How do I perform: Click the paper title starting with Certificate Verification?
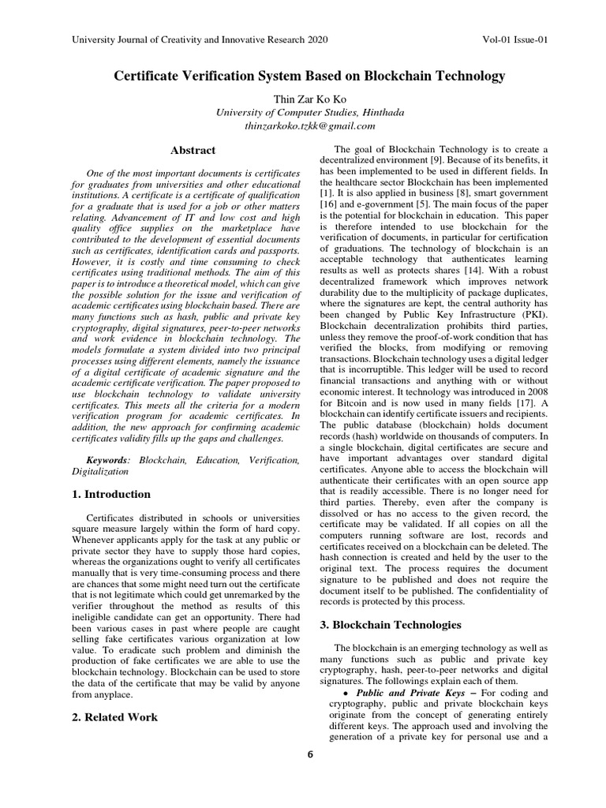pyautogui.click(x=309, y=77)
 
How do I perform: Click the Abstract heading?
pyautogui.click(x=193, y=150)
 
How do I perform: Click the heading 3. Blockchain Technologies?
pyautogui.click(x=390, y=624)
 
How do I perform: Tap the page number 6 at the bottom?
pyautogui.click(x=310, y=754)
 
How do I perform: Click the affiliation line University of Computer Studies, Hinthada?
pyautogui.click(x=310, y=112)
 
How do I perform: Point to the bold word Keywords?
pyautogui.click(x=107, y=459)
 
